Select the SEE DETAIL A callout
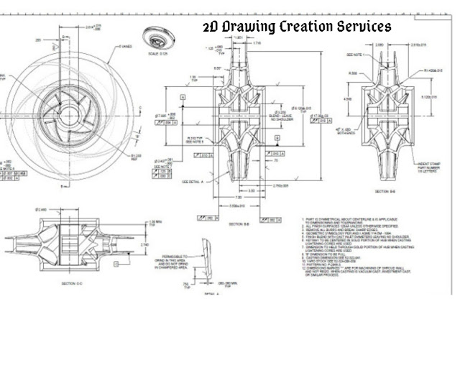[x=194, y=181]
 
